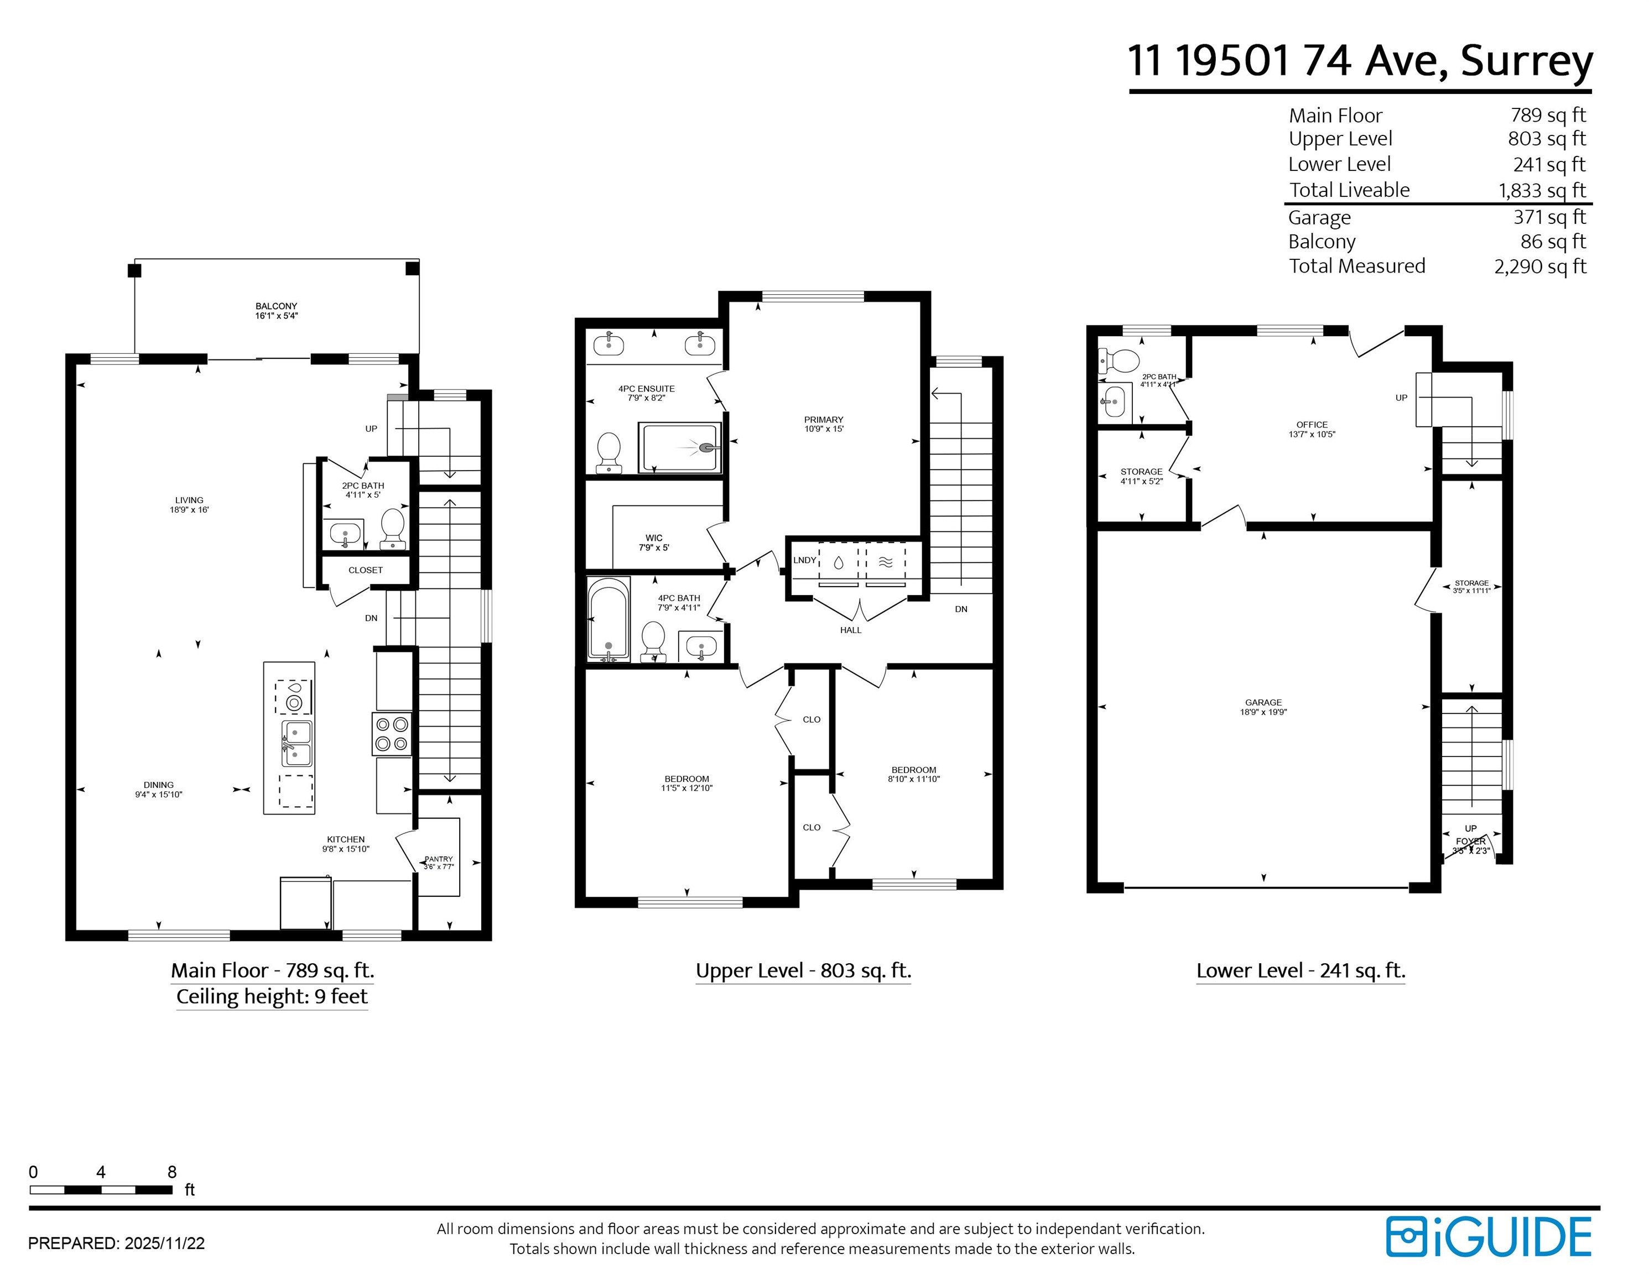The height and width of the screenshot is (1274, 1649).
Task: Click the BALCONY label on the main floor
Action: click(x=277, y=306)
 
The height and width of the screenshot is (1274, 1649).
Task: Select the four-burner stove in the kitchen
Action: click(x=392, y=734)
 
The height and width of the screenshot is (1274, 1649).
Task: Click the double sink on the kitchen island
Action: click(x=296, y=743)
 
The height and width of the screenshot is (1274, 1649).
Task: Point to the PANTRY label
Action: click(x=439, y=859)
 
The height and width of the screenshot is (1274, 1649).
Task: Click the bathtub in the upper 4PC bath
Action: click(x=608, y=620)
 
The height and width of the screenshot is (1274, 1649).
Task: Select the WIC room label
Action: click(x=654, y=538)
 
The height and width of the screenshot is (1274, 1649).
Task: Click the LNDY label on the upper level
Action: click(x=805, y=560)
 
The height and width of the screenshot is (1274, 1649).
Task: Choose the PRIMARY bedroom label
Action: click(x=824, y=420)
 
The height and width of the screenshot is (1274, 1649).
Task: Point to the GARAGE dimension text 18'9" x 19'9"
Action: click(x=1263, y=712)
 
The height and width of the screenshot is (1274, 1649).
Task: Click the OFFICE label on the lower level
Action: click(x=1312, y=425)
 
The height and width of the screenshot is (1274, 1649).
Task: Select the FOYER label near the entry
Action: click(x=1471, y=842)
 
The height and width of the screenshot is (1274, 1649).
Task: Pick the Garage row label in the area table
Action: click(x=1320, y=217)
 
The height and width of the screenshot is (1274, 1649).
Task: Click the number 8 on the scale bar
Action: click(x=172, y=1172)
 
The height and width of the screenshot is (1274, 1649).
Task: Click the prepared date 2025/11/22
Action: click(x=165, y=1244)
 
